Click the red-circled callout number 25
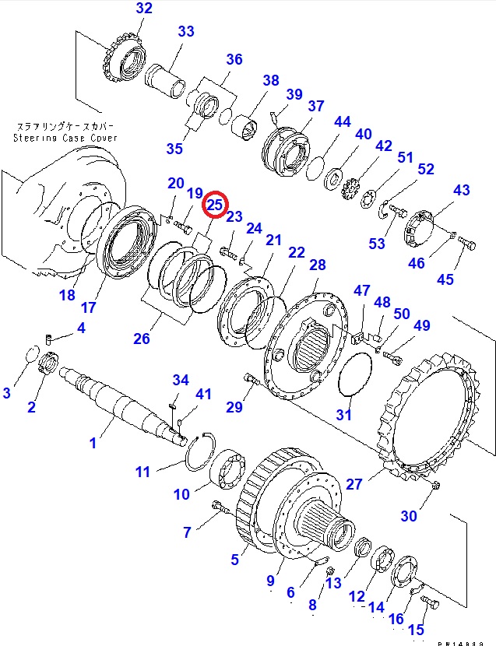point(215,205)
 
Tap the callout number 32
point(144,9)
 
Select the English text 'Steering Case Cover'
point(64,138)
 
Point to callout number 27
point(354,483)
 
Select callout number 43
point(462,190)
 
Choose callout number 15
point(416,629)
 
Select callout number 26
point(142,339)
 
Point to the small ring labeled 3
point(32,354)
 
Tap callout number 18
point(67,295)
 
